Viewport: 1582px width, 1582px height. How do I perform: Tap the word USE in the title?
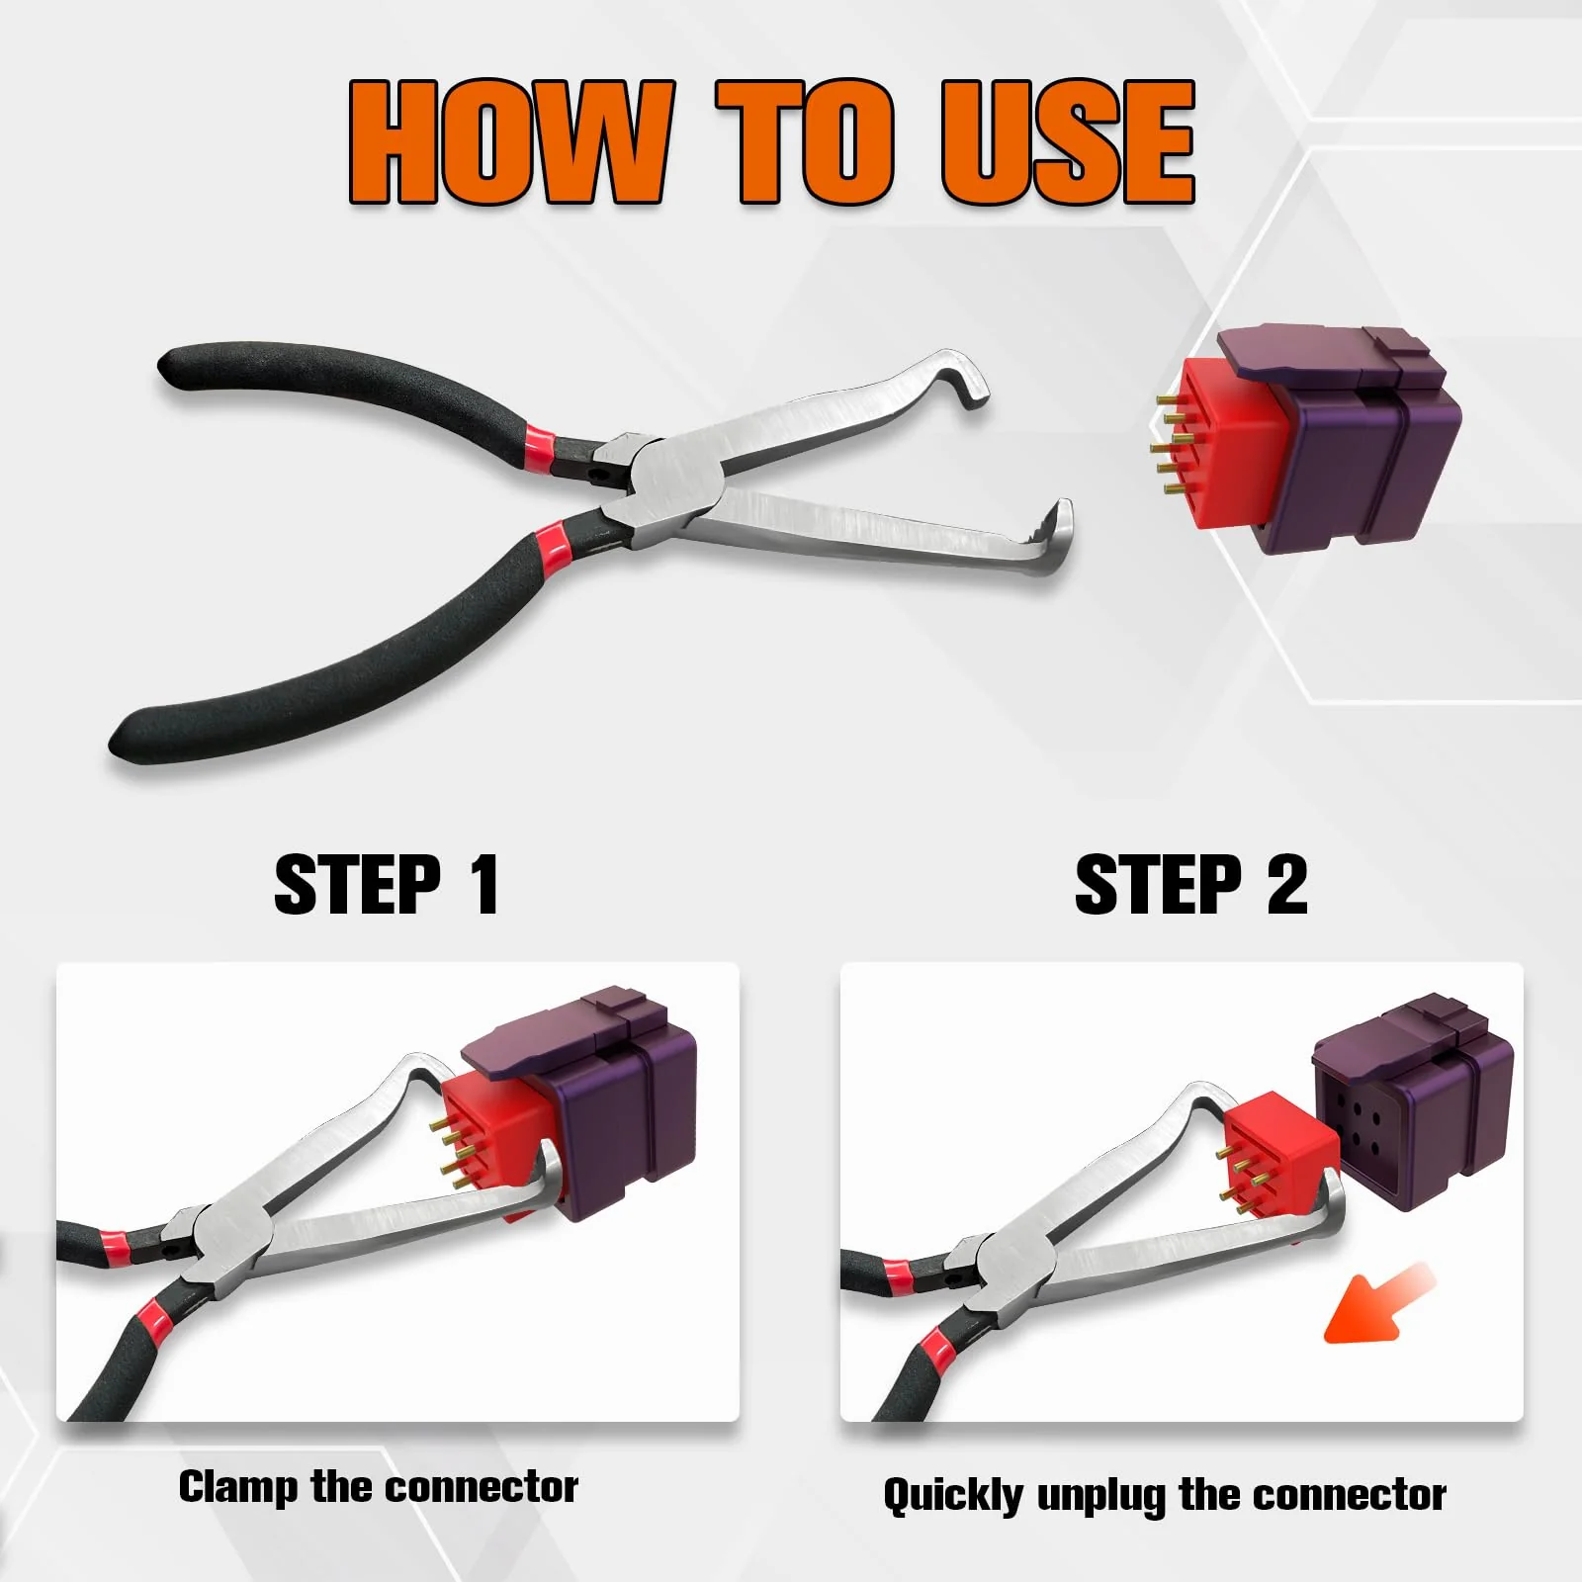click(x=1068, y=143)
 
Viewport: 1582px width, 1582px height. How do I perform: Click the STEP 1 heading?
click(x=387, y=885)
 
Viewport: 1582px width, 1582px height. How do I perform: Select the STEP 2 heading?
click(x=1190, y=885)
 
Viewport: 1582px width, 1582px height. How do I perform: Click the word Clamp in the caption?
click(x=237, y=1487)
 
